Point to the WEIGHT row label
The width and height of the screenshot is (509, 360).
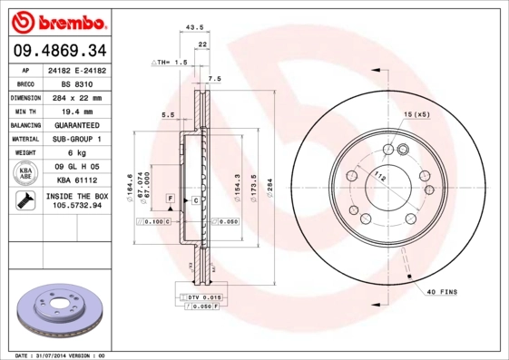pyautogui.click(x=25, y=153)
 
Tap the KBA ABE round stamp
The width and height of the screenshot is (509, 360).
pyautogui.click(x=25, y=174)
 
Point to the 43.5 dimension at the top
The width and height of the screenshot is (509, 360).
pyautogui.click(x=193, y=27)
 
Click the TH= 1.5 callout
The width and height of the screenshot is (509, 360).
pyautogui.click(x=170, y=63)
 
